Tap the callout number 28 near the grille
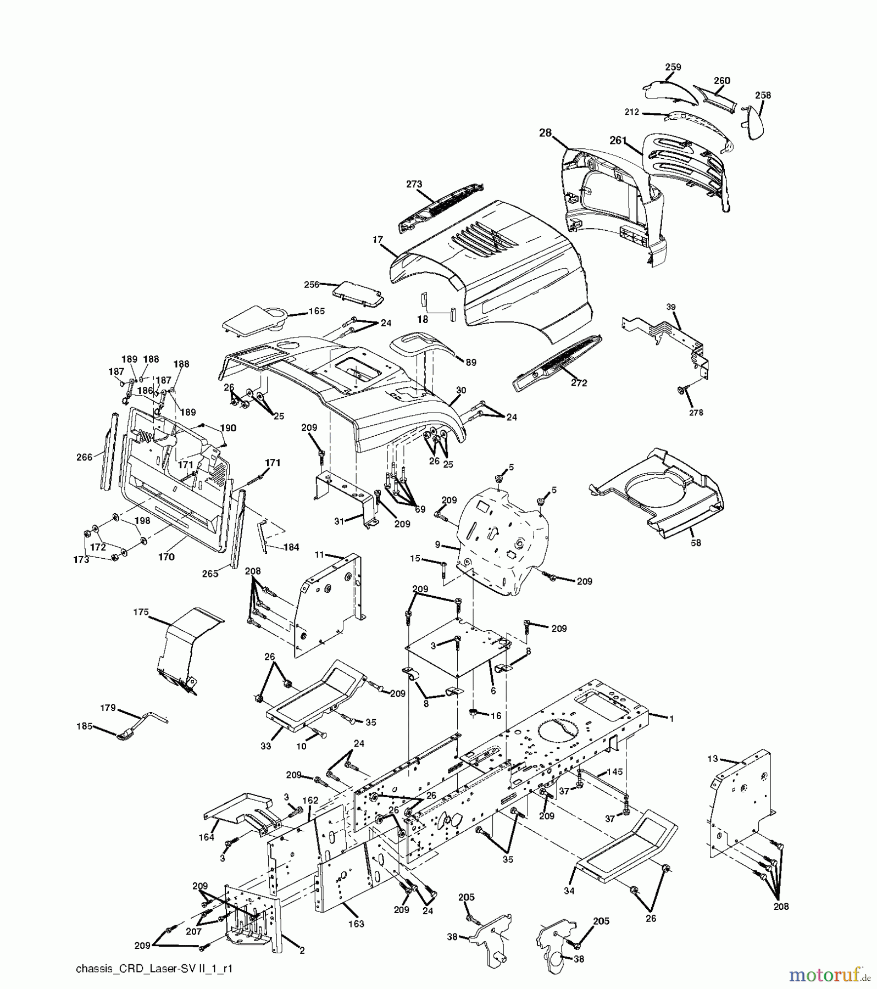tap(545, 133)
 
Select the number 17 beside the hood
tap(377, 240)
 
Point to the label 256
tap(312, 284)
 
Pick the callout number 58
tap(696, 543)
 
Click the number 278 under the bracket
tap(696, 413)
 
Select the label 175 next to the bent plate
tap(141, 612)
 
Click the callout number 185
tap(85, 726)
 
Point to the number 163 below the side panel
tap(356, 924)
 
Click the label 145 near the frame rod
tap(615, 773)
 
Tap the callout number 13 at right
tap(713, 759)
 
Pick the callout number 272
tap(579, 382)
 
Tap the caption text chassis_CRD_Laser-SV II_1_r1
tap(153, 969)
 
